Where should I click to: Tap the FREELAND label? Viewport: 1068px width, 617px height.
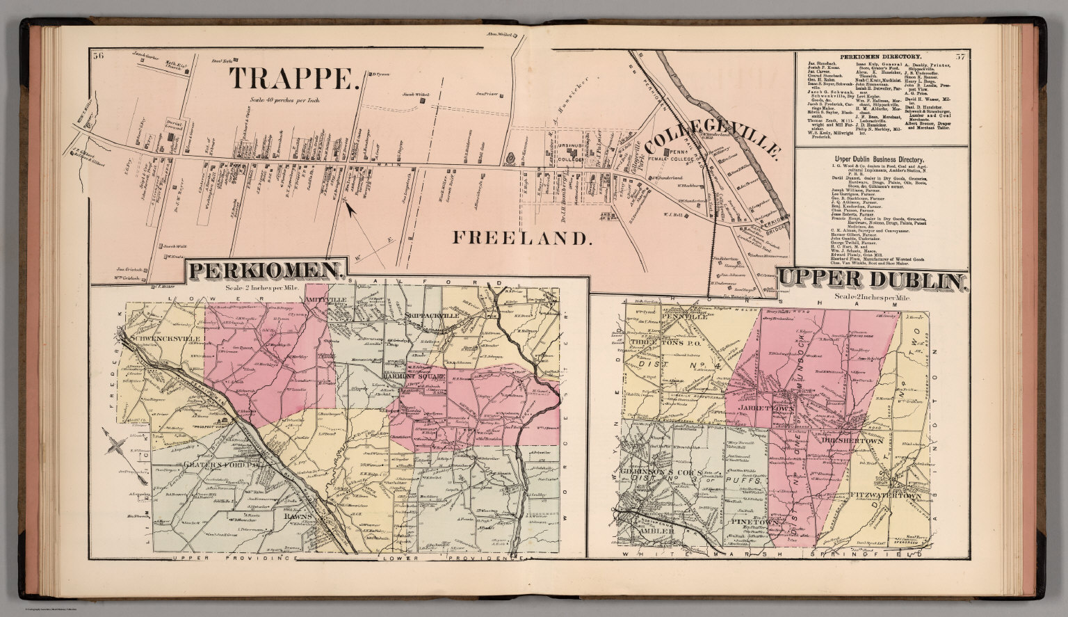click(522, 238)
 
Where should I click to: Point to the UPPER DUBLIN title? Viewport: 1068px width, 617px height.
click(873, 280)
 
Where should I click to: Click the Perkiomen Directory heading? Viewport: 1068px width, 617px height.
click(880, 56)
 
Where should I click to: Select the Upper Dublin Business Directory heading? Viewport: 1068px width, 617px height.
click(880, 157)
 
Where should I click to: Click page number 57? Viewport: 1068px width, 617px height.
click(960, 56)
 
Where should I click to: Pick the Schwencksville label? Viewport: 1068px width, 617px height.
click(165, 339)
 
